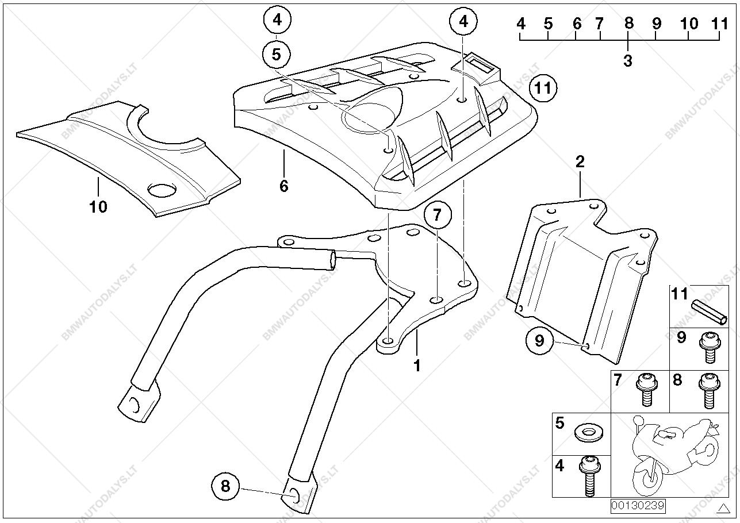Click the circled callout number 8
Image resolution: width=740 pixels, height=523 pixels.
pos(225,486)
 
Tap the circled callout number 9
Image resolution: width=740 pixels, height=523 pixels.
pos(539,341)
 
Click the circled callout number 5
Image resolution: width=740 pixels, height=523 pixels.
pos(277,55)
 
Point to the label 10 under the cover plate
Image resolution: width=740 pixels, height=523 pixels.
pos(98,207)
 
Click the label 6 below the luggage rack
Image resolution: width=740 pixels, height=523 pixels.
pos(283,186)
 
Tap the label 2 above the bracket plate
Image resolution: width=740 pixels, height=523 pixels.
pos(580,161)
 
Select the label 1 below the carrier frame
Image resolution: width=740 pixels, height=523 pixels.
pos(417,365)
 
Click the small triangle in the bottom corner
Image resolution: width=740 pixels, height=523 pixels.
pos(723,509)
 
